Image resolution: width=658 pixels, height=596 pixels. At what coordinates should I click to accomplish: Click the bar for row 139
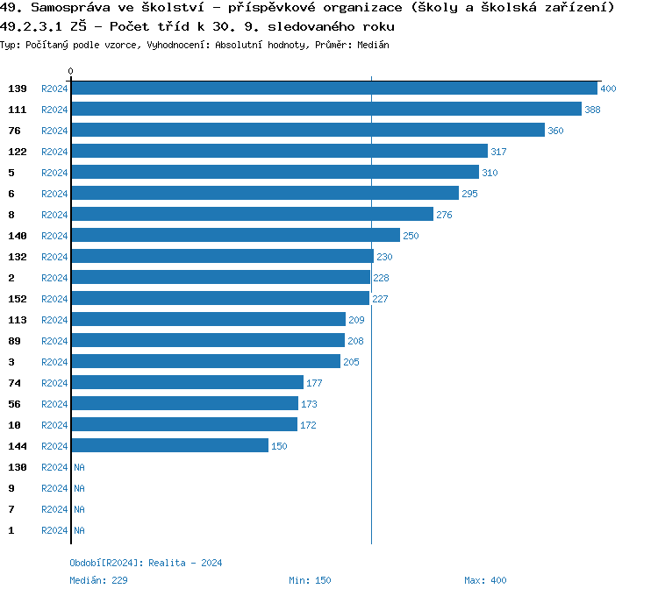click(333, 89)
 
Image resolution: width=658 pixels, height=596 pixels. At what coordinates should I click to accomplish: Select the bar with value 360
click(308, 131)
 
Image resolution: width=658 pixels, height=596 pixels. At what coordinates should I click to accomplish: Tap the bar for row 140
click(235, 236)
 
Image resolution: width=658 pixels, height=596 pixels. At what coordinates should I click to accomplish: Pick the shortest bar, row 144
click(169, 446)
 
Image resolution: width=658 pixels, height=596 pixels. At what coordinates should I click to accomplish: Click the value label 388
click(592, 110)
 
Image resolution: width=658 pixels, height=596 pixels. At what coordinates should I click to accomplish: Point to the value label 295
click(469, 194)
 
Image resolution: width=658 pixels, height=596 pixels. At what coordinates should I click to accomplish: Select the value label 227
click(380, 299)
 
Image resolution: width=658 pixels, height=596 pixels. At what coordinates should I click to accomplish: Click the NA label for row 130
click(79, 467)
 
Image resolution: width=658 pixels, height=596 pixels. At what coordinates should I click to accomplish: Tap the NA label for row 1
click(79, 530)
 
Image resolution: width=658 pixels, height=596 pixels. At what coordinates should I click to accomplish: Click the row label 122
click(18, 152)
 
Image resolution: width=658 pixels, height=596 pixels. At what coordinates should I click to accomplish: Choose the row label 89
click(14, 341)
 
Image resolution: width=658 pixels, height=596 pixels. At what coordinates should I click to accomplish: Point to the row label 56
click(14, 404)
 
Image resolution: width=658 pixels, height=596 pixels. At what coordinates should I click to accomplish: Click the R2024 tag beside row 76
click(54, 131)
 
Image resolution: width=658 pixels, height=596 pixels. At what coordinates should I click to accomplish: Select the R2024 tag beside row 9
click(54, 488)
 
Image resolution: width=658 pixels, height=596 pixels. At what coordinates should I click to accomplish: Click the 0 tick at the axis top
click(71, 72)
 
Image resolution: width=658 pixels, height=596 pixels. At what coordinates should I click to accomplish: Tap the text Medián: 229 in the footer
click(99, 580)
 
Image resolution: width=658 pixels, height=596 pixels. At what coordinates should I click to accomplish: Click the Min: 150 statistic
click(310, 580)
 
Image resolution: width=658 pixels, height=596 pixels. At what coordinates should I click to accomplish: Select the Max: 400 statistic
click(485, 580)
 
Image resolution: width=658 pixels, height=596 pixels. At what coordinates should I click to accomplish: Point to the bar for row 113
click(208, 320)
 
